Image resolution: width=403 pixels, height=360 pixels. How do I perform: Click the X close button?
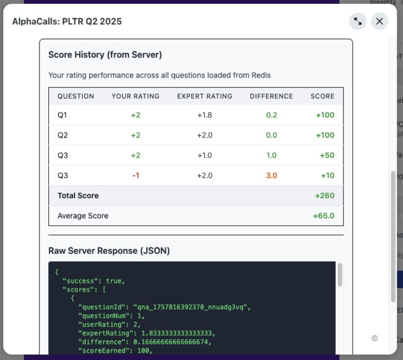click(x=379, y=21)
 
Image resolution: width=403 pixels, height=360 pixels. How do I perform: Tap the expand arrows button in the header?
click(x=358, y=21)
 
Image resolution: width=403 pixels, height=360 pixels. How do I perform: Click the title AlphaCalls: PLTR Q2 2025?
click(x=67, y=21)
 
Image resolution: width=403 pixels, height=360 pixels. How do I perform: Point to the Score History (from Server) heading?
click(x=105, y=55)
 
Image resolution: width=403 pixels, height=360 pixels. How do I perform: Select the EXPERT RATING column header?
click(x=205, y=96)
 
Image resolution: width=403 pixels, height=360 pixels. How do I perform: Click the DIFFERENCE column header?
click(x=271, y=96)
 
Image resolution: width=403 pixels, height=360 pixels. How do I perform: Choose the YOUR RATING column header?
click(x=136, y=96)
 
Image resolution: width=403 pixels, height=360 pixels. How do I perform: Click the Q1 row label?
click(x=62, y=116)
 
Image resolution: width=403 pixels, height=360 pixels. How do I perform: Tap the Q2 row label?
click(x=62, y=136)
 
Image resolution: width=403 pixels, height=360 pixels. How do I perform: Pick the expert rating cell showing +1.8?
click(x=205, y=116)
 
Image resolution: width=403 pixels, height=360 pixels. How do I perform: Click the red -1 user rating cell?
click(x=136, y=176)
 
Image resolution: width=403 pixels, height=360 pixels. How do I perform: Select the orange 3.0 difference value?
click(x=271, y=176)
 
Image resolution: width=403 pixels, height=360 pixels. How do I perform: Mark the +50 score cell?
click(x=325, y=156)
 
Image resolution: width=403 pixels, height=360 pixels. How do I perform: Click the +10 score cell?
click(x=325, y=176)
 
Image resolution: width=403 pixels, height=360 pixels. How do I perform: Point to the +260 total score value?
click(x=325, y=196)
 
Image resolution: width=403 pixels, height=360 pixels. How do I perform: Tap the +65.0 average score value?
click(x=323, y=216)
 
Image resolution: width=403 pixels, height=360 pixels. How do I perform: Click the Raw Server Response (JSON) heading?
click(x=109, y=251)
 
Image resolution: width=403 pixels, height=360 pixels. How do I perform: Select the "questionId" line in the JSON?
click(x=163, y=307)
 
